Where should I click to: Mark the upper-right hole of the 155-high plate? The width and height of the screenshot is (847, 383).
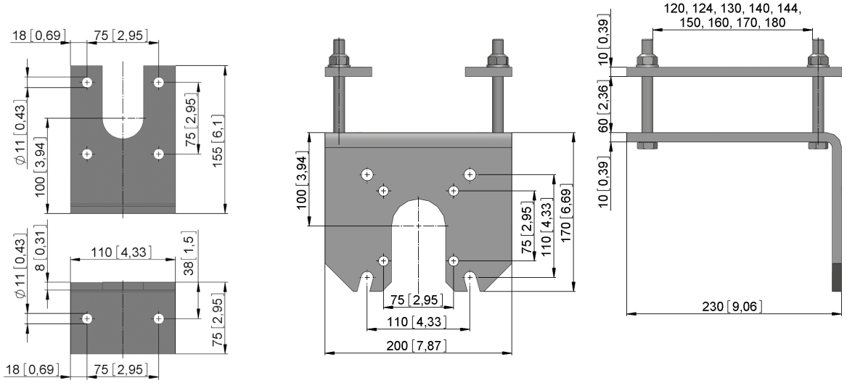tap(158, 83)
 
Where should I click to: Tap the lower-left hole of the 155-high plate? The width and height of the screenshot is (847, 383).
tap(87, 155)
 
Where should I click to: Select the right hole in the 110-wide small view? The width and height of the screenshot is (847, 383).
tap(158, 318)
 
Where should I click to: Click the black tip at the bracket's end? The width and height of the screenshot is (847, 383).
tap(836, 279)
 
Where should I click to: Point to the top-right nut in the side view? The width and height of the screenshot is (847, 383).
tap(818, 59)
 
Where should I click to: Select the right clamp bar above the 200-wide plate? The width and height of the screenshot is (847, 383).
tap(488, 71)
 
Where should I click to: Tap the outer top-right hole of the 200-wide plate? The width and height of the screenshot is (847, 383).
tap(470, 175)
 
